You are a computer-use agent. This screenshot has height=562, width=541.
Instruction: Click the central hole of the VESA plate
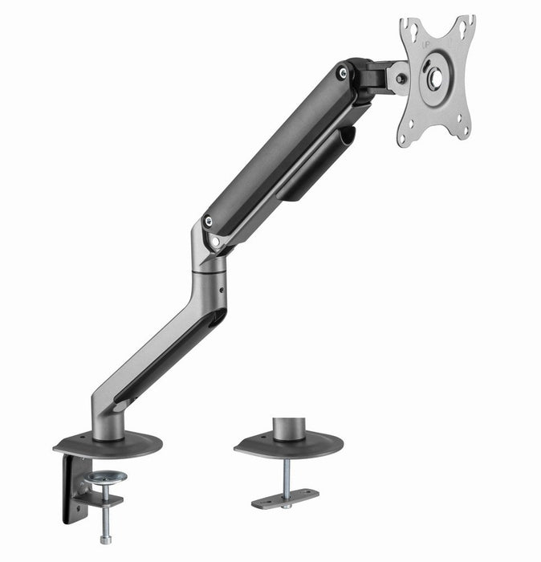(433, 79)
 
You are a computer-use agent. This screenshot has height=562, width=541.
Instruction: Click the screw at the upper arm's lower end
(209, 221)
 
